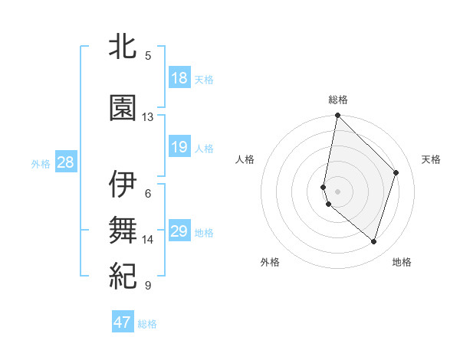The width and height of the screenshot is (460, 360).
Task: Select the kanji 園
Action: [x=123, y=108]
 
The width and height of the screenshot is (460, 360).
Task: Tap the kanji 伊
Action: [x=123, y=185]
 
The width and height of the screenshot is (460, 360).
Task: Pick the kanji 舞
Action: [x=123, y=230]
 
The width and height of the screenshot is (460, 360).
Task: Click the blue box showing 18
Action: [x=179, y=78]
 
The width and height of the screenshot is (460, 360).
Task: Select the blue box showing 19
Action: [x=179, y=147]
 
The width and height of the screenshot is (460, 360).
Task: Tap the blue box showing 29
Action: [x=179, y=231]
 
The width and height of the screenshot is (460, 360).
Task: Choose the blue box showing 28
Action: [x=65, y=162]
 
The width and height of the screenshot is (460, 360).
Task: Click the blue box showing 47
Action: [x=123, y=322]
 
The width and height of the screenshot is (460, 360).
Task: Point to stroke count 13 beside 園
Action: [x=148, y=117]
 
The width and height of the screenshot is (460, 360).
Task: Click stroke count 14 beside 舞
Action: [x=148, y=240]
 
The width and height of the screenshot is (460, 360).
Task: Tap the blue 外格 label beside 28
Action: [x=41, y=163]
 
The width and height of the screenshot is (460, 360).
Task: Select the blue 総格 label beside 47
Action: [x=147, y=323]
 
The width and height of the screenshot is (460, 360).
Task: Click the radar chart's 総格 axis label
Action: [x=338, y=100]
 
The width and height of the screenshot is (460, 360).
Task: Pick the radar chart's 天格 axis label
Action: [x=432, y=159]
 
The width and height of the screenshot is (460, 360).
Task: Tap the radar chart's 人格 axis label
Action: [x=245, y=159]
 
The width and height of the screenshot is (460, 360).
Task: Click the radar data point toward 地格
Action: [x=373, y=242]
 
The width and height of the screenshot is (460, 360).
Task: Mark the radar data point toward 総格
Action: [x=337, y=116]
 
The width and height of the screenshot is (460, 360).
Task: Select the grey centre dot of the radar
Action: [x=337, y=191]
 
